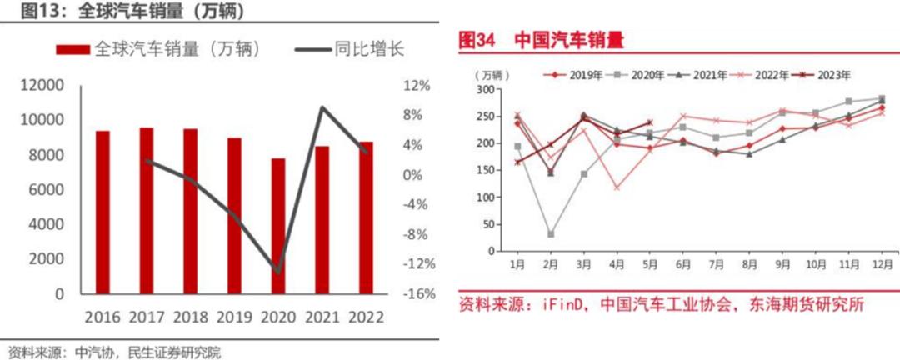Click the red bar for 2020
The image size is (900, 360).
coord(277,226)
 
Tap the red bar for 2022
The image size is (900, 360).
coord(365,217)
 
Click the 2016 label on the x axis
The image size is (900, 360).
coord(103,317)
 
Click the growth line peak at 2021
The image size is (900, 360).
coord(322,107)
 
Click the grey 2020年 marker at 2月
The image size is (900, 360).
coord(551,234)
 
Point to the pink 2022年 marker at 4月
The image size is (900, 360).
coord(617,187)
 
